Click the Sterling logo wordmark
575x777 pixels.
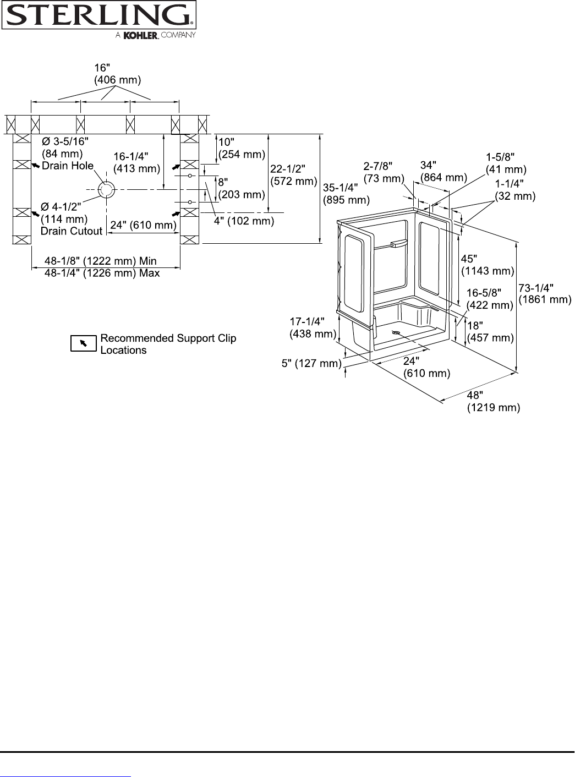99,15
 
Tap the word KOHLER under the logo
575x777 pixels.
141,35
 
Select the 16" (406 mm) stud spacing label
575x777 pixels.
117,74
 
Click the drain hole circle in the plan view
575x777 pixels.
106,189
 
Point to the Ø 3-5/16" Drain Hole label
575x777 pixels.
68,154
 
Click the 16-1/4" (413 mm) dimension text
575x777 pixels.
136,162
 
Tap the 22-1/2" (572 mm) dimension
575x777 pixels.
293,175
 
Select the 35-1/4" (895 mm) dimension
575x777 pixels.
346,194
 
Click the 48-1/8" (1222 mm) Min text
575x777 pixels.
101,261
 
